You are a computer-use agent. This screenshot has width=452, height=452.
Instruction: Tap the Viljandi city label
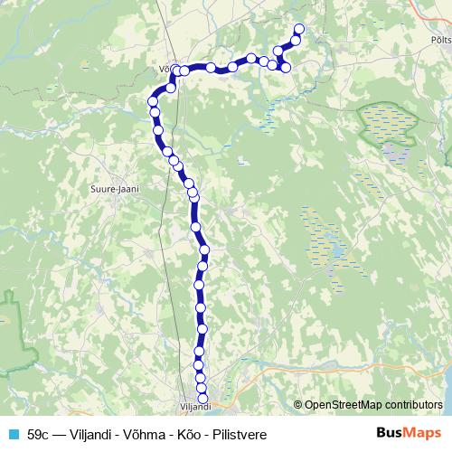pos(194,408)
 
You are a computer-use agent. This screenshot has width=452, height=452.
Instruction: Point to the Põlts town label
pos(441,41)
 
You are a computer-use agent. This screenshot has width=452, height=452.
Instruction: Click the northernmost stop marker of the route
pos(299,30)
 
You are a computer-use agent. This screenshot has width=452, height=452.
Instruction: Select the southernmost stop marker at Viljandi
pos(202,398)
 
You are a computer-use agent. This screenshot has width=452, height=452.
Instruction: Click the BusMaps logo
pos(409,433)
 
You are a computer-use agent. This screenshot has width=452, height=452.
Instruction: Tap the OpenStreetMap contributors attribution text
pos(373,405)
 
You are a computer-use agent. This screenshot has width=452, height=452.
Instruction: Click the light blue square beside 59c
pos(12,434)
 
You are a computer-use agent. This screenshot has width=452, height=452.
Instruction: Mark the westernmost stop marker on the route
pos(153,102)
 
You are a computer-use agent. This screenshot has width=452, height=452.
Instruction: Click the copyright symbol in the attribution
pos(298,405)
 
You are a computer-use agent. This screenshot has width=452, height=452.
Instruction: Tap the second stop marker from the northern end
pos(296,41)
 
